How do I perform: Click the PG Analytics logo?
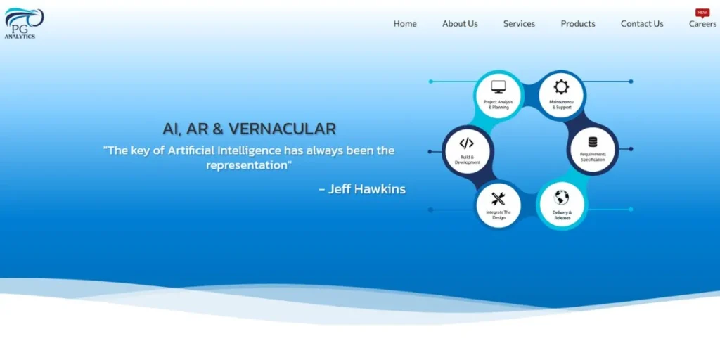(24, 23)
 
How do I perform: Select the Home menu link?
(405, 24)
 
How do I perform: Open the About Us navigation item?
(460, 24)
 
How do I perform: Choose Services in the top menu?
(519, 24)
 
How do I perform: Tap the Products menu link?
(578, 24)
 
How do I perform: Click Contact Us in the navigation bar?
(642, 24)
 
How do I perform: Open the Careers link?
(702, 24)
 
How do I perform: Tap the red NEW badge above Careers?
(702, 13)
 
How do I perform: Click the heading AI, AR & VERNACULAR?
(250, 129)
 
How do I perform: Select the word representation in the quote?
(247, 165)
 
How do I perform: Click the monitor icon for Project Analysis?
(499, 86)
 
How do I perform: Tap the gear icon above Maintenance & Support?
(561, 86)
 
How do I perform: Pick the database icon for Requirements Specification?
(593, 142)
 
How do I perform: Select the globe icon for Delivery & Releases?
(561, 198)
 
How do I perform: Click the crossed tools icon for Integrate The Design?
(499, 199)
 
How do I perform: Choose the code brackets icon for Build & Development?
(467, 143)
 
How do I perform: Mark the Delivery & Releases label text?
(562, 215)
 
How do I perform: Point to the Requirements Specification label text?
(593, 157)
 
